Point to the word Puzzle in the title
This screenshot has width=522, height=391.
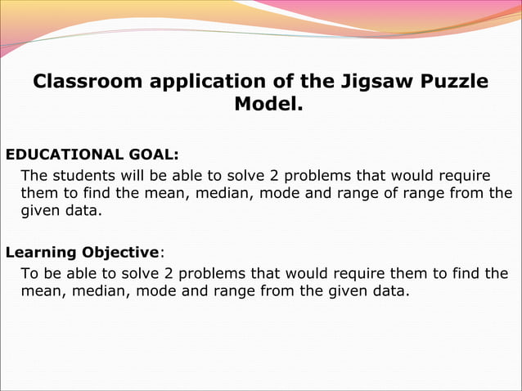[448, 82]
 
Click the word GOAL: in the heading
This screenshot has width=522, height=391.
[155, 154]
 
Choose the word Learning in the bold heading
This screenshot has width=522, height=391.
[38, 251]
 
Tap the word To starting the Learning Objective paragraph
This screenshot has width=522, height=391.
[29, 273]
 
